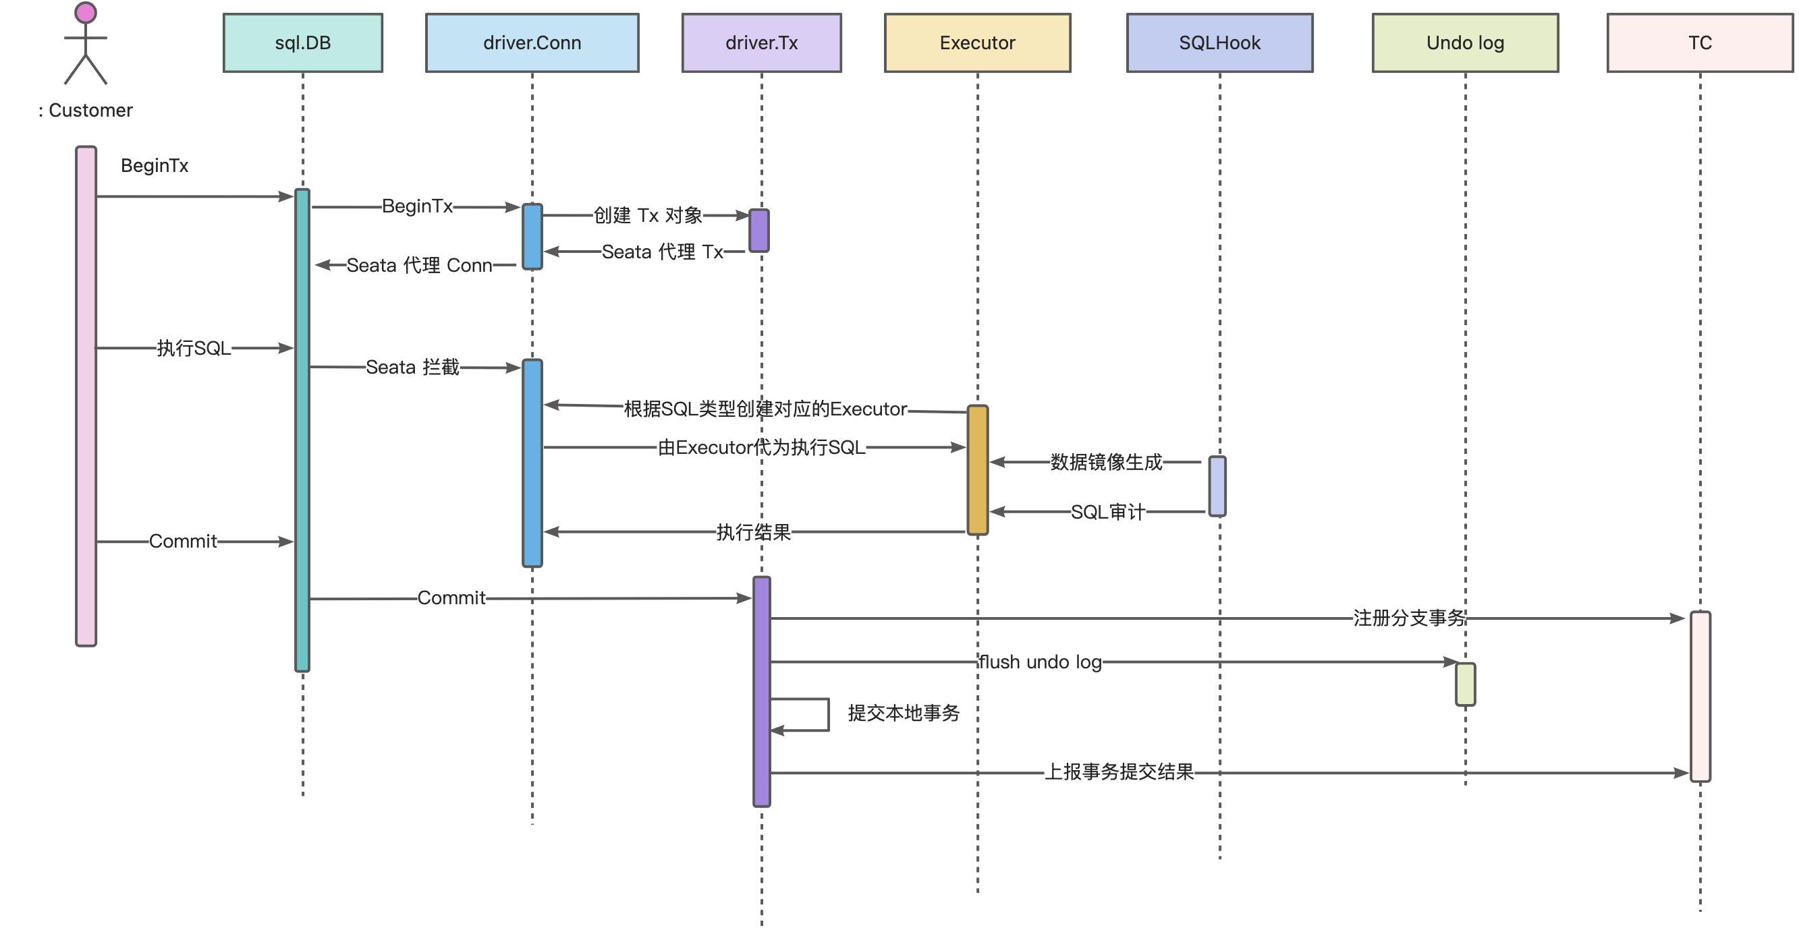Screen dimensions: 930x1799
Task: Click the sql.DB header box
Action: (x=302, y=42)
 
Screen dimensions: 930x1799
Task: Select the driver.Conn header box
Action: (x=532, y=42)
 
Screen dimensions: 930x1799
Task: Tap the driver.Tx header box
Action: (x=761, y=42)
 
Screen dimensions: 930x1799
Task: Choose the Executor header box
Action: (x=977, y=42)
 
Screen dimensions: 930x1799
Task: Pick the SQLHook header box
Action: (x=1219, y=42)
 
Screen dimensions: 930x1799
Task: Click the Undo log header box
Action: (x=1465, y=42)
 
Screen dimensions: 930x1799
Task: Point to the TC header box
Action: (x=1700, y=42)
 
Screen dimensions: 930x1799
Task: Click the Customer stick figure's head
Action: (x=86, y=13)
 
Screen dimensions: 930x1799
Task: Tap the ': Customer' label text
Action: (x=86, y=111)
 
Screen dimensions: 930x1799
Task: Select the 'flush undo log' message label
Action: (x=1040, y=662)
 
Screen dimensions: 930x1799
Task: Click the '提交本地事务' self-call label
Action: (x=904, y=713)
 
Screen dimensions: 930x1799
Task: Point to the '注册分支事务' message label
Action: (x=1408, y=618)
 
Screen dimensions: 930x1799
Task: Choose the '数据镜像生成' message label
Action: (x=1106, y=462)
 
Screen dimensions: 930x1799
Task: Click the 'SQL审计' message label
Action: (x=1107, y=513)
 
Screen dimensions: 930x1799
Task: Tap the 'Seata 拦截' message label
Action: (x=413, y=368)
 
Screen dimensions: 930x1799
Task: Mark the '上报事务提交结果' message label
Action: (x=1119, y=772)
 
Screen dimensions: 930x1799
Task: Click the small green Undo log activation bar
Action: (x=1465, y=685)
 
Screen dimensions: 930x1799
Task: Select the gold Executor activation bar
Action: (x=978, y=470)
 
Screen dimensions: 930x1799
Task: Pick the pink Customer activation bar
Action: (x=86, y=396)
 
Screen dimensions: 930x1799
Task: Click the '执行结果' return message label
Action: (x=754, y=533)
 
